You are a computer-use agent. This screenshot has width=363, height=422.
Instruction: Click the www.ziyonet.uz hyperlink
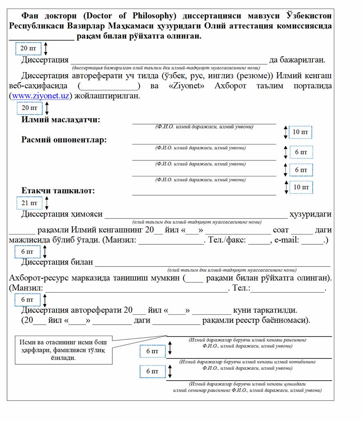(x=41, y=96)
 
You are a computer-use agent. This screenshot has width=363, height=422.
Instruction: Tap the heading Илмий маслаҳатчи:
(x=61, y=120)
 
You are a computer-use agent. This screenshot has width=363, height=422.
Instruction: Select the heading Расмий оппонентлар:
(x=64, y=140)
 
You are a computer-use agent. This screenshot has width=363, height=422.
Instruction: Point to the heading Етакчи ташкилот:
(x=58, y=191)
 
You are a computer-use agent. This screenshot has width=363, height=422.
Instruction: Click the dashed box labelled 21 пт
(x=29, y=203)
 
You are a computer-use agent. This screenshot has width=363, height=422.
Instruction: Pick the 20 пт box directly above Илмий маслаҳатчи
(x=29, y=108)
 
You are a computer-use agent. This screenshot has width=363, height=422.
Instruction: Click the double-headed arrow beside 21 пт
(x=47, y=203)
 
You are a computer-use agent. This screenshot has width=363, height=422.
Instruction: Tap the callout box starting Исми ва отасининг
(x=64, y=350)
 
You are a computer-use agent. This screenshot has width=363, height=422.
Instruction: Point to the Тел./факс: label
(x=227, y=240)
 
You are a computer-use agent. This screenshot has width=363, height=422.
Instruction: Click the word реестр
(x=246, y=320)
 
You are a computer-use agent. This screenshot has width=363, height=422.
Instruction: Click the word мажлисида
(x=29, y=240)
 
